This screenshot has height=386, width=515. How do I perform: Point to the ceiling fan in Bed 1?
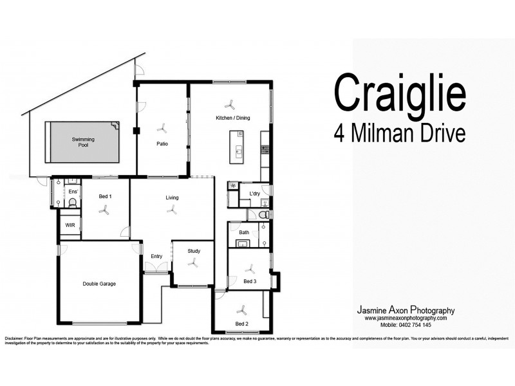104,208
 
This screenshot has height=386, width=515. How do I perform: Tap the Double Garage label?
98,283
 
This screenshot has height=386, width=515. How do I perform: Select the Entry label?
156,256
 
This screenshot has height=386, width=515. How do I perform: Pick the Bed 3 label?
250,281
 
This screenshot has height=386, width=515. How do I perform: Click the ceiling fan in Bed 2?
242,308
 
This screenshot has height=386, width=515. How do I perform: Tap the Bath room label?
244,232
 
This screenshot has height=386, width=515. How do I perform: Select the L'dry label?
254,193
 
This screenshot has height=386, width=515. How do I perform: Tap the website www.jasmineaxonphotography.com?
405,318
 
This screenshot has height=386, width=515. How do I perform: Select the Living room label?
171,198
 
